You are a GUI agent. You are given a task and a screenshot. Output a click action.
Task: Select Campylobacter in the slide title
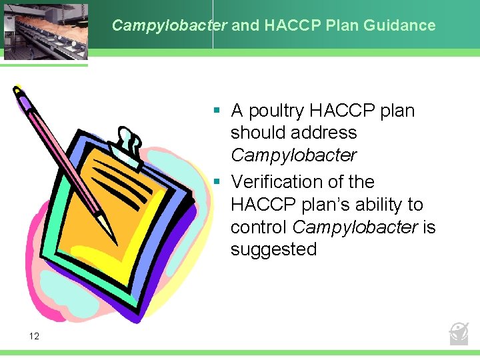click(x=169, y=26)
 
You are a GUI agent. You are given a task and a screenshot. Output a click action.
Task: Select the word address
click(x=326, y=133)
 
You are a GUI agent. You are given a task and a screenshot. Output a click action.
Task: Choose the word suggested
click(x=273, y=249)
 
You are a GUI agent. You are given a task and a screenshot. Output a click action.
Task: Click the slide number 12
click(x=34, y=336)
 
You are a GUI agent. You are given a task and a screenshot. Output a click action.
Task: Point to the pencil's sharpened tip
click(x=114, y=240)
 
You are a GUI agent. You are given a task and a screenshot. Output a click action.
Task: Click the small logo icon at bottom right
click(x=459, y=332)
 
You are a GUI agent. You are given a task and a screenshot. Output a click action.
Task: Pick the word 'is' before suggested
click(x=429, y=227)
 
